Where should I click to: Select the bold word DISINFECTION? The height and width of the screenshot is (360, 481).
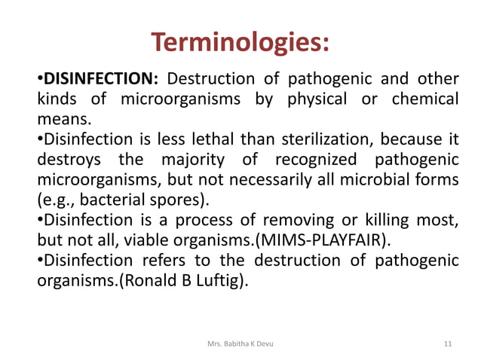click(101, 78)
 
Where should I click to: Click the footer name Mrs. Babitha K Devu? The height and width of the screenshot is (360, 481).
click(240, 343)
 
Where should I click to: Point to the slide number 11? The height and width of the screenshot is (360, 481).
click(449, 343)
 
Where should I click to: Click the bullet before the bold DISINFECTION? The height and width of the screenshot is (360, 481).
click(40, 78)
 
